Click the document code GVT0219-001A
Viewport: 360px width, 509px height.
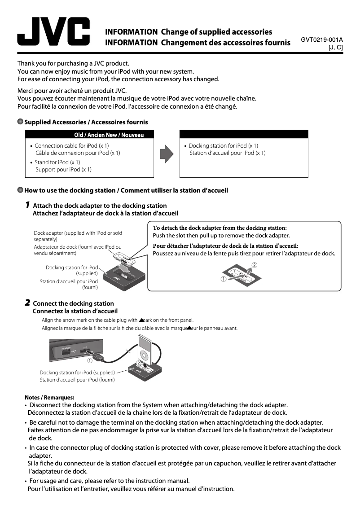tap(322, 39)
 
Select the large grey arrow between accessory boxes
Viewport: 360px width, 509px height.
tap(167, 154)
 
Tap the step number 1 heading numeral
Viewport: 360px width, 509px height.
tap(27, 205)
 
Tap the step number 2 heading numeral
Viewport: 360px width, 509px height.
tap(27, 303)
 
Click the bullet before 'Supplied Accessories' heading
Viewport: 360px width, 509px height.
tap(20, 122)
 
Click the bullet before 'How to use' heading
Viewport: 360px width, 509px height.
tap(20, 190)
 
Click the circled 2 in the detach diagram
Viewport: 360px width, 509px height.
tap(255, 265)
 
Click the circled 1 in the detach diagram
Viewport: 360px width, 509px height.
tap(223, 279)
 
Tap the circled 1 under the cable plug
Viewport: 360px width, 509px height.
tap(90, 360)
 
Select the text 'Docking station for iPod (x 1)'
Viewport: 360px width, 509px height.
tap(223, 146)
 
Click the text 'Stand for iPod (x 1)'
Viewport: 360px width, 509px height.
tap(57, 162)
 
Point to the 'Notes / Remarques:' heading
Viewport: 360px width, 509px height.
tap(49, 397)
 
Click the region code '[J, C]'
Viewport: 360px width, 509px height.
tap(336, 47)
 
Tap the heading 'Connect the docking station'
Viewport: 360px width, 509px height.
tap(73, 303)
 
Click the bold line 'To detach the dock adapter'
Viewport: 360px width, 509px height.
tap(220, 228)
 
